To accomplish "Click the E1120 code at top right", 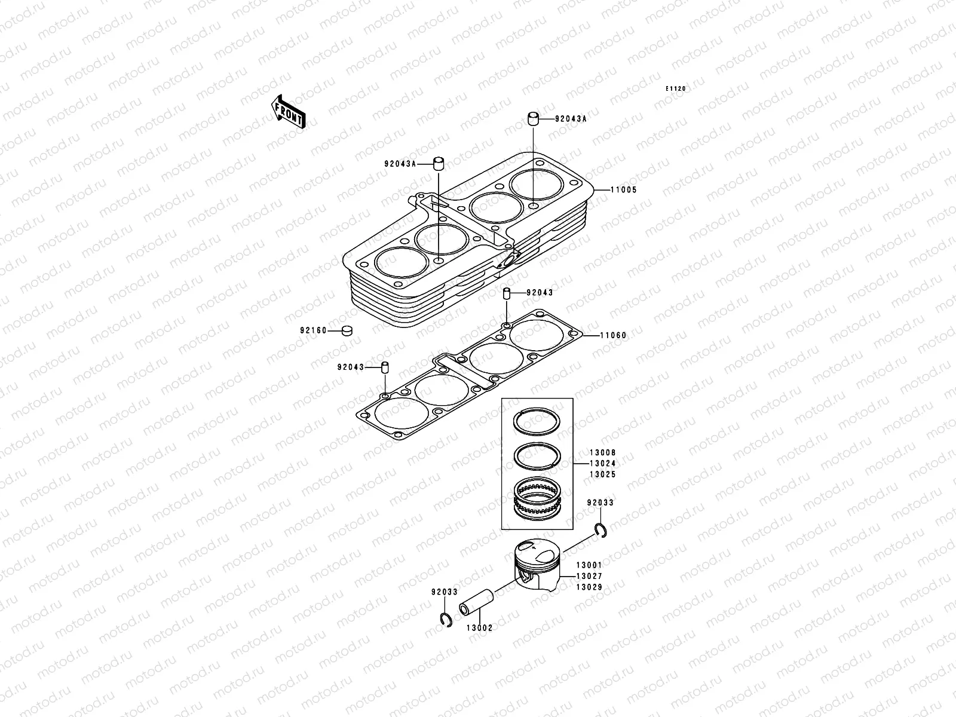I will coord(677,89).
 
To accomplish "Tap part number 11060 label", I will coord(613,335).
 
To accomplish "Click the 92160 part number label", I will coord(313,330).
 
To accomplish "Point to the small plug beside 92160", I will coord(347,330).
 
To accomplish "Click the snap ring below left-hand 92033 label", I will coord(444,621).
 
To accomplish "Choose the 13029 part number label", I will coord(589,587).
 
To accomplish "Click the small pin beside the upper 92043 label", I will coord(506,293).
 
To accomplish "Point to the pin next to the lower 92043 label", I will coord(385,367).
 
